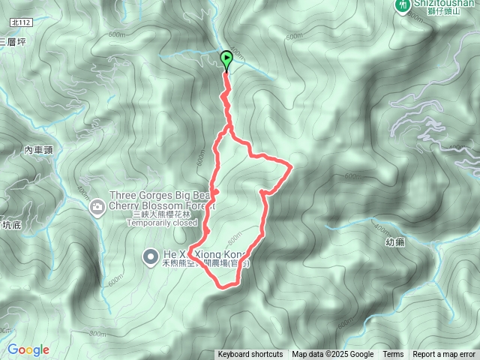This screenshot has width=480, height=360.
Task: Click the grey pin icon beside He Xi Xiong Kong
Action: (149, 255)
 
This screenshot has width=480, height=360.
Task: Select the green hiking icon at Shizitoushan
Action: (404, 4)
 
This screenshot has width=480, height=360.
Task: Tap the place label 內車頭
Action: (38, 151)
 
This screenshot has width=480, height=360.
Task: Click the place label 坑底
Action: (13, 224)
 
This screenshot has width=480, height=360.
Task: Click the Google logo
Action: (28, 349)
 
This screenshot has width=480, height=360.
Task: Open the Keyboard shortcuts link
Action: (250, 355)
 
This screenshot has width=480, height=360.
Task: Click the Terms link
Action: (393, 355)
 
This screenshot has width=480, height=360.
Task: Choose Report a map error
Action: (444, 355)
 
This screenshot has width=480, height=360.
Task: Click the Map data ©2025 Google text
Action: (332, 355)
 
